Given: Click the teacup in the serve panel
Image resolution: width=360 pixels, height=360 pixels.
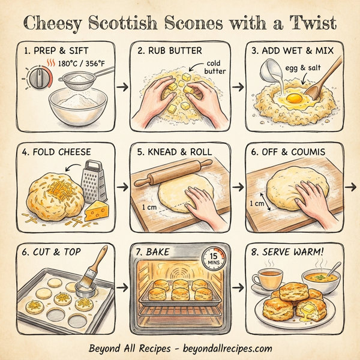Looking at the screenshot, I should click(269, 278).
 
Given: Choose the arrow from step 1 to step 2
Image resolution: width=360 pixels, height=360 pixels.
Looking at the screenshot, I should click(123, 88).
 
